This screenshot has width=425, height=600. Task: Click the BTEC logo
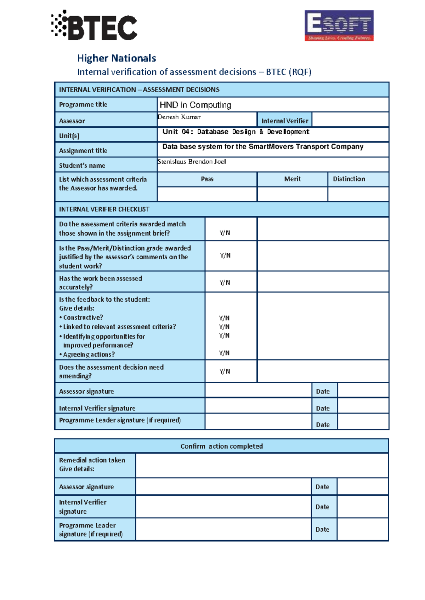(x=94, y=25)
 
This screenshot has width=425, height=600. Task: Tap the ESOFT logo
(x=339, y=25)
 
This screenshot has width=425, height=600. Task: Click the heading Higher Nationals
(x=117, y=58)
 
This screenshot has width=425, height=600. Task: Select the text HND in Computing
(x=195, y=105)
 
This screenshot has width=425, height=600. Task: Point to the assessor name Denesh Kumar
(x=179, y=117)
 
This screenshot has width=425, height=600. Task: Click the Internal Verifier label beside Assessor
(x=285, y=121)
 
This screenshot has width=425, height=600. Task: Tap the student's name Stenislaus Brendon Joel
(x=192, y=162)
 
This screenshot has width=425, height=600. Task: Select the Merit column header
(x=292, y=179)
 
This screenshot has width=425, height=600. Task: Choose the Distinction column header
(x=349, y=179)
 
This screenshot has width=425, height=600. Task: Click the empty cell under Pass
(x=207, y=194)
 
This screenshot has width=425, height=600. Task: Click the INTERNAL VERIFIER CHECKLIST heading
(x=104, y=209)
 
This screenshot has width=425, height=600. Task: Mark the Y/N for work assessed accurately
(x=225, y=283)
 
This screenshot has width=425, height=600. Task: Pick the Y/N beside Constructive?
(x=224, y=318)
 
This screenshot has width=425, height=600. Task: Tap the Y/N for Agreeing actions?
(x=224, y=353)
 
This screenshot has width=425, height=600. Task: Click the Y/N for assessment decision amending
(x=225, y=371)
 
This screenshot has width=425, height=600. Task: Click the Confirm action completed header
(x=221, y=446)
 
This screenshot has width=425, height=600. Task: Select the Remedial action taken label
(x=92, y=460)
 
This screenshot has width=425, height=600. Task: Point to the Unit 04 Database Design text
(x=236, y=132)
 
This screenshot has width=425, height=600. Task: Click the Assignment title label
(x=83, y=151)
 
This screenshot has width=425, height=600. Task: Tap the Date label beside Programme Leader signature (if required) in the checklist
(x=323, y=425)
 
